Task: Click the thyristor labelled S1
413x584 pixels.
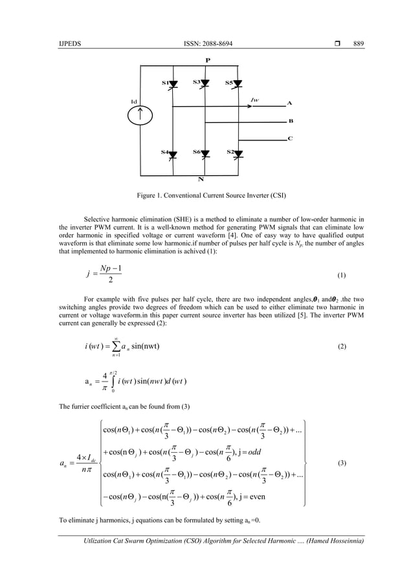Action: (x=173, y=83)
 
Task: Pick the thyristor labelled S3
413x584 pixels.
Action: (x=205, y=83)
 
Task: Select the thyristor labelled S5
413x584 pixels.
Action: (x=238, y=83)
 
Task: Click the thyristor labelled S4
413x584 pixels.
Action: (x=173, y=153)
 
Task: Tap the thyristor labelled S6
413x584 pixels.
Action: (x=205, y=153)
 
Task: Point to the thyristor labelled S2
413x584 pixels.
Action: (x=238, y=153)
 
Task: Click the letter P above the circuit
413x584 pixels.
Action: (x=207, y=59)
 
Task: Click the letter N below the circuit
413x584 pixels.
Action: (x=207, y=180)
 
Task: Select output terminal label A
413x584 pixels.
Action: (x=289, y=103)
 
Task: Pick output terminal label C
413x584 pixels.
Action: (x=289, y=138)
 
